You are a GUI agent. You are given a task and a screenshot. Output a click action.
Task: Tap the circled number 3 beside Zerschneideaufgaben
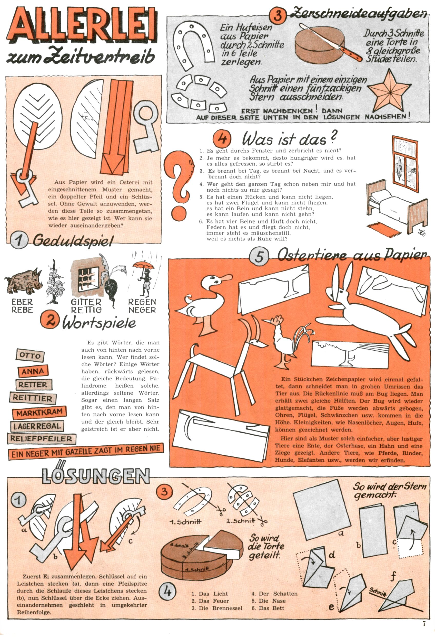click(277, 16)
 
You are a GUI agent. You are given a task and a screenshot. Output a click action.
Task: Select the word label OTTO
click(30, 355)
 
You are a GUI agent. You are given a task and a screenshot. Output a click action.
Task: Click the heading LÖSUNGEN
click(96, 476)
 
